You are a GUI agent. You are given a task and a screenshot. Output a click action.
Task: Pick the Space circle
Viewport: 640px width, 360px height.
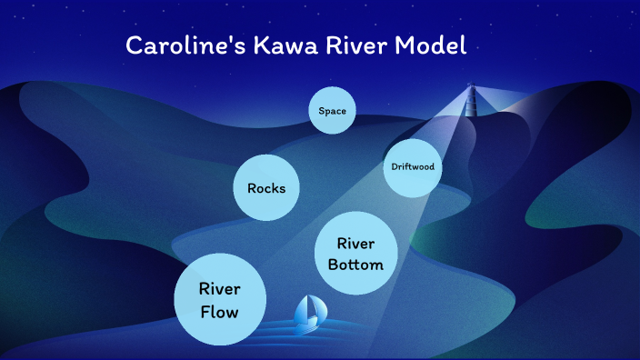(332, 111)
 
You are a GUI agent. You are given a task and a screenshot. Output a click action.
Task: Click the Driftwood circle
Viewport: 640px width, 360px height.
(412, 167)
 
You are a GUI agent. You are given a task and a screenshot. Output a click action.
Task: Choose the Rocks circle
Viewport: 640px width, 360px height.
(266, 189)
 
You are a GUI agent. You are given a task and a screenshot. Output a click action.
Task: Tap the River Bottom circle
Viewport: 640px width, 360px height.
(355, 255)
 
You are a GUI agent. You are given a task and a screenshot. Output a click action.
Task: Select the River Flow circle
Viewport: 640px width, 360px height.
(220, 301)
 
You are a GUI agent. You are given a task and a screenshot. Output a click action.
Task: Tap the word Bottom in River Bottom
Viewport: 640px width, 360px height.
(355, 265)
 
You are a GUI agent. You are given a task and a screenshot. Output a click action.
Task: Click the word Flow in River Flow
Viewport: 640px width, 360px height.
(220, 313)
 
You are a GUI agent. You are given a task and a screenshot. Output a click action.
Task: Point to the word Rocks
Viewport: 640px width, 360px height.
(266, 189)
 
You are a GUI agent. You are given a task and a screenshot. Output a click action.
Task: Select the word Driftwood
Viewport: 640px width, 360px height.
(412, 167)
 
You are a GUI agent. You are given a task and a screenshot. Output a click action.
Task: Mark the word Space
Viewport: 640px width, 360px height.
(332, 111)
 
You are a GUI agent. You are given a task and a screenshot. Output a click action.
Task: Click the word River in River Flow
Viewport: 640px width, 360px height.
(220, 290)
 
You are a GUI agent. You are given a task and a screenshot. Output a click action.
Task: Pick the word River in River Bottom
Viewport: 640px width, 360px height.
(355, 244)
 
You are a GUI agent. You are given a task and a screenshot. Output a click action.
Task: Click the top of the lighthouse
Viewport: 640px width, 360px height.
(471, 87)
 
